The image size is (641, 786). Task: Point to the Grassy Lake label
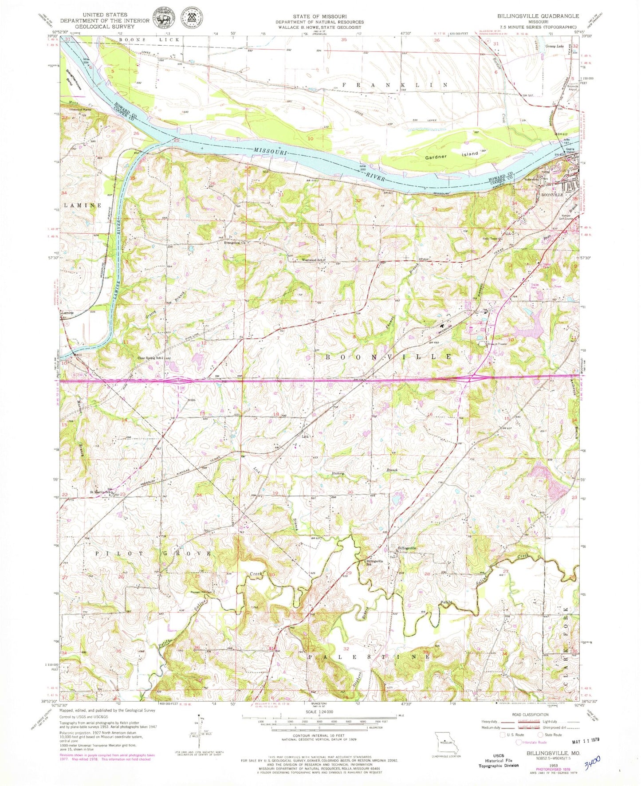(557, 45)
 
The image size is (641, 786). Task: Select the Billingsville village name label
(407, 548)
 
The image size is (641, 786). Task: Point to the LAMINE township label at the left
(83, 205)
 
